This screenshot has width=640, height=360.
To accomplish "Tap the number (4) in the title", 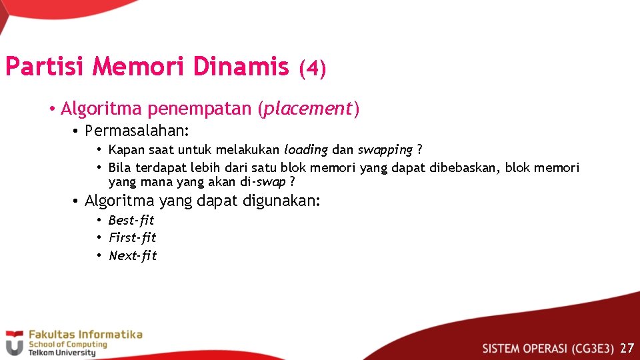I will (312, 68).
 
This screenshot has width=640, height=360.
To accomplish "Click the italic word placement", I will (307, 108).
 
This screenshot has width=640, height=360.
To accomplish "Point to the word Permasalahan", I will (135, 129).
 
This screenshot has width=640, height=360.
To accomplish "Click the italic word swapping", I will (385, 149).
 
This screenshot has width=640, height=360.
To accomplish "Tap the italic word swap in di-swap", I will (271, 182).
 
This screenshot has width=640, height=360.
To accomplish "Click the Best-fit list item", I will (131, 220).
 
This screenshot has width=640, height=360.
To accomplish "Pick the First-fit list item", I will (133, 237).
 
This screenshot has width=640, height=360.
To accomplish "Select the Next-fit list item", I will (133, 255).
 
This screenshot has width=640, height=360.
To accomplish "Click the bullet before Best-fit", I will (98, 221).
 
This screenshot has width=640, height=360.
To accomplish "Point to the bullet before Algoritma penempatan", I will (51, 109).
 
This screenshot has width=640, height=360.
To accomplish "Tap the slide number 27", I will (627, 347).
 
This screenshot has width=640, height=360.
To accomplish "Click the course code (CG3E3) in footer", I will (592, 348).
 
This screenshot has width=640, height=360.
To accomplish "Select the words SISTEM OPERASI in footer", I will (525, 348).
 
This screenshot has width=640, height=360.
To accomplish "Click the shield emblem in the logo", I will (14, 344).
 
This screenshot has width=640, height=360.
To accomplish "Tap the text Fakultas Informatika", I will (84, 334).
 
